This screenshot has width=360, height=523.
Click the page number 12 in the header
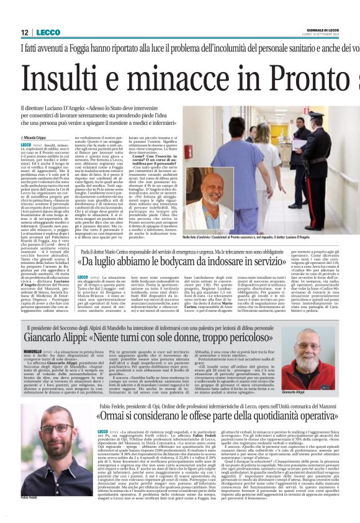tap(25, 32)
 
